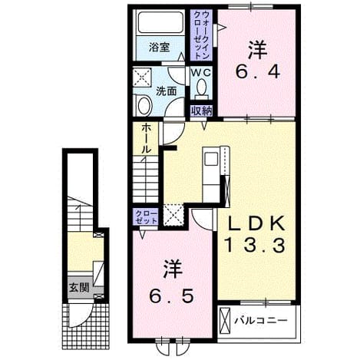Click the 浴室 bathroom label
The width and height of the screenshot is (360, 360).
[159, 48]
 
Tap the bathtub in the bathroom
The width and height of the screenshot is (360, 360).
[160, 22]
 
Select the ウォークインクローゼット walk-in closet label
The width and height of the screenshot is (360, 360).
[202, 35]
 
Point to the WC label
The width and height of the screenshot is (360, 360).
[201, 73]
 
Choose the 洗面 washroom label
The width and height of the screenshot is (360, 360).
[167, 91]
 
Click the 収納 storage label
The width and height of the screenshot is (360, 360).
[202, 111]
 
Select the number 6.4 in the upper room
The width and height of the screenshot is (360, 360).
[258, 72]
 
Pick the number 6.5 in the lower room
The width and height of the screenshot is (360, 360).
[171, 296]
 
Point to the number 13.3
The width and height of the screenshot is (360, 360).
[255, 245]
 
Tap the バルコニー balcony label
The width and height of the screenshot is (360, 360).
[261, 320]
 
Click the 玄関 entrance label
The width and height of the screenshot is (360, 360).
[80, 288]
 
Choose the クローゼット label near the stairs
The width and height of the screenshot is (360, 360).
[146, 217]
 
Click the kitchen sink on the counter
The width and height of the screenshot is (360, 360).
[211, 159]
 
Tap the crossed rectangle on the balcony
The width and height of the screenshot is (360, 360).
[226, 320]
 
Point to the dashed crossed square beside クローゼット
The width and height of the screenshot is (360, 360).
[174, 214]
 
